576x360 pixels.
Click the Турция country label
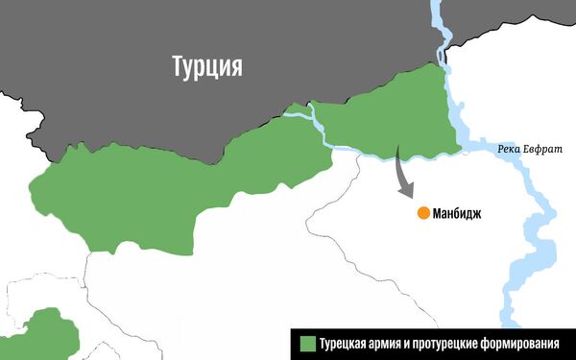pos(206,66)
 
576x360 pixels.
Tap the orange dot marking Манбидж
pos(422,213)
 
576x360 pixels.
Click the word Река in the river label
pos(511,149)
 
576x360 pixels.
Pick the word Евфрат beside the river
pos(544,149)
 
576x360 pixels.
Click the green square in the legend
pos(307,343)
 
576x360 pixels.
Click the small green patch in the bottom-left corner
pos(43,336)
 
